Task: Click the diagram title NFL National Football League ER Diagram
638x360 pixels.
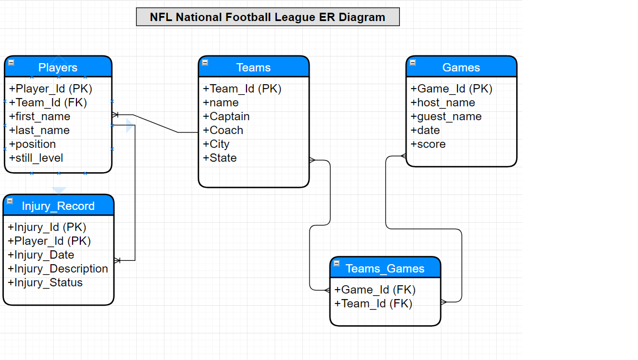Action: point(267,17)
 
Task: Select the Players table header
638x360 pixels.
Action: point(58,66)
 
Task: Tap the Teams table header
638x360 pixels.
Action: point(254,66)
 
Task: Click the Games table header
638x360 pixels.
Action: point(461,66)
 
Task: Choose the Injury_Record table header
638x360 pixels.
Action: point(59,205)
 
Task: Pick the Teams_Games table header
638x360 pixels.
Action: point(385,268)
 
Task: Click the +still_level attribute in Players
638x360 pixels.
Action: point(36,158)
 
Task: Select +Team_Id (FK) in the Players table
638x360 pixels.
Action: point(48,102)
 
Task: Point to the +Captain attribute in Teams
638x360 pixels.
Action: point(226,116)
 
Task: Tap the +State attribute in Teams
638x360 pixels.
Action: point(220,158)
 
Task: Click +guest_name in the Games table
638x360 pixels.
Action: point(446,116)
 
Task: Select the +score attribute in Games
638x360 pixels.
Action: point(428,144)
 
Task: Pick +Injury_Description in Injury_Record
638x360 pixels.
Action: point(58,269)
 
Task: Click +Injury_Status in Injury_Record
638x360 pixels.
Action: point(45,282)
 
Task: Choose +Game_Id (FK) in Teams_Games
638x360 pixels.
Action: point(375,290)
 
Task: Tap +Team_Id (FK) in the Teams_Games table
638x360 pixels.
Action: point(373,304)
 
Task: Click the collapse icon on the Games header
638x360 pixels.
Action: point(413,63)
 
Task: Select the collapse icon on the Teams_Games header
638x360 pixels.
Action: point(337,264)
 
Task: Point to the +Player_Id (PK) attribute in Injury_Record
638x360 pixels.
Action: point(49,241)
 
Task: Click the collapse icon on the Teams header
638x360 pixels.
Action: point(205,63)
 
